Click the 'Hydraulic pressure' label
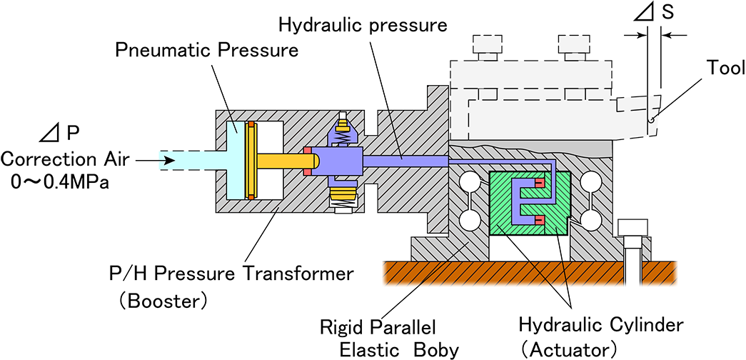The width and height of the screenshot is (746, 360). (x=362, y=26)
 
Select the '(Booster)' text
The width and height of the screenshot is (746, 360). (x=163, y=301)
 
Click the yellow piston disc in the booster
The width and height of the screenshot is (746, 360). (x=251, y=160)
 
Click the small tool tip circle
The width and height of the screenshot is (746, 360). (x=651, y=121)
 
